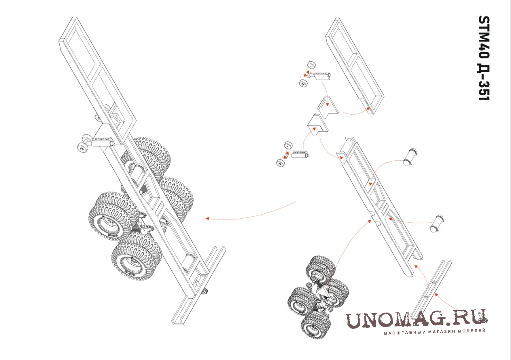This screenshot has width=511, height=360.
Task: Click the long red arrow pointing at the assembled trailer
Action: tap(251, 214)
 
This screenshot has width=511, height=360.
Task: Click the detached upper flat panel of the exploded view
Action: tap(355, 65)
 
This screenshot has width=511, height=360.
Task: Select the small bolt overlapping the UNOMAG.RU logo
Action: tap(482, 317)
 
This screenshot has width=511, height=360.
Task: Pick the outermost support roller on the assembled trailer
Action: tap(82, 149)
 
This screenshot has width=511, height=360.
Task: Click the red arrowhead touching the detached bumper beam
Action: tap(436, 294)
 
